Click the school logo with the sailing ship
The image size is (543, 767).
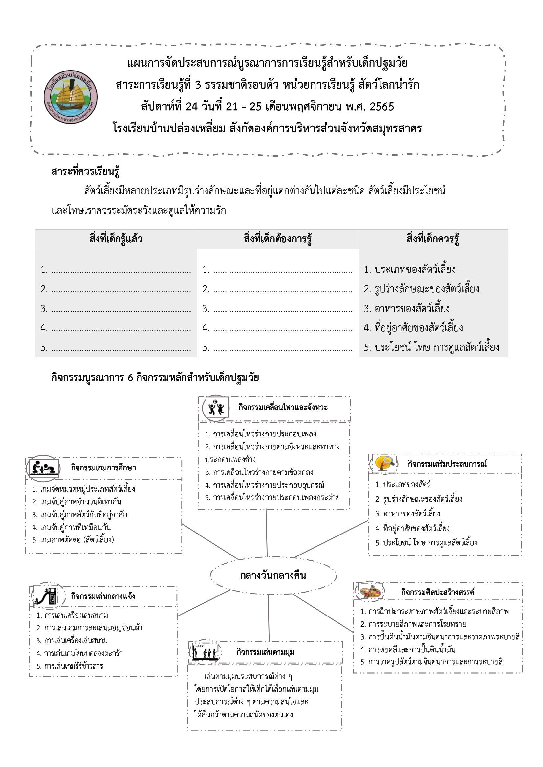pyautogui.click(x=71, y=97)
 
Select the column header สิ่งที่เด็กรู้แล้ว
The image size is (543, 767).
pyautogui.click(x=116, y=239)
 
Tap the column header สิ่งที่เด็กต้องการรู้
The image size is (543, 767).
pyautogui.click(x=278, y=239)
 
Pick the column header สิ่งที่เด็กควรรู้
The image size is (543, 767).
pyautogui.click(x=433, y=239)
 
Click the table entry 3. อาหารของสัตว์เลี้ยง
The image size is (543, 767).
pyautogui.click(x=406, y=308)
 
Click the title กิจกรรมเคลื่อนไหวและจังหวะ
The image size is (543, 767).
pyautogui.click(x=283, y=407)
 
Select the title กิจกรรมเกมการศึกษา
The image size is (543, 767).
pyautogui.click(x=103, y=468)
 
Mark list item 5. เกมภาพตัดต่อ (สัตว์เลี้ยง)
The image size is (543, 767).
pyautogui.click(x=73, y=539)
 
